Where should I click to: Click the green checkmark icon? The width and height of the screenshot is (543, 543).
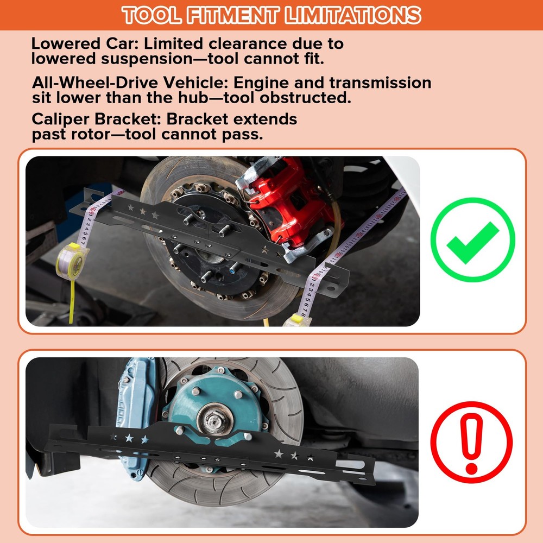(x=472, y=239)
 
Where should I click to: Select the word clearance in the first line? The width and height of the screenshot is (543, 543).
(x=242, y=43)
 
